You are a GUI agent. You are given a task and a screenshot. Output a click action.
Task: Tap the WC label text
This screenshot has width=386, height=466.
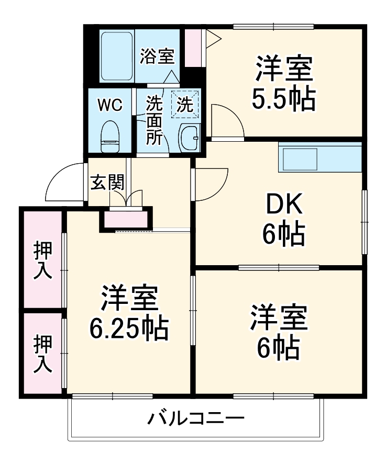point(111,105)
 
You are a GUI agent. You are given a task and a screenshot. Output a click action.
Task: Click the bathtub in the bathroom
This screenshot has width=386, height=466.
point(117,56)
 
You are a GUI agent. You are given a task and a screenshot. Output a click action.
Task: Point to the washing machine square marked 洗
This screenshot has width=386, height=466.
point(188,104)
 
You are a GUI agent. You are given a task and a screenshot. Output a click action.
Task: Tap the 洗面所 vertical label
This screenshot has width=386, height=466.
point(154,120)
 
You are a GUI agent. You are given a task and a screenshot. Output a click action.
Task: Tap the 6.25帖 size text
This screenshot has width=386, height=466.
point(128,328)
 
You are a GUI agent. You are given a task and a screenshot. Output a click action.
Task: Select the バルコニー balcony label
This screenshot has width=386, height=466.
point(195,419)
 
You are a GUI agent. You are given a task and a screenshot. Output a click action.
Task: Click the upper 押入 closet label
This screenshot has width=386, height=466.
point(43,260)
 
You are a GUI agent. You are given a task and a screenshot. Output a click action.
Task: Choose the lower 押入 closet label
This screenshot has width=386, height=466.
point(43,354)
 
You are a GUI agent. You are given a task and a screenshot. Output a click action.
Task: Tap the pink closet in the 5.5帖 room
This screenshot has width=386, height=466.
point(193,48)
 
